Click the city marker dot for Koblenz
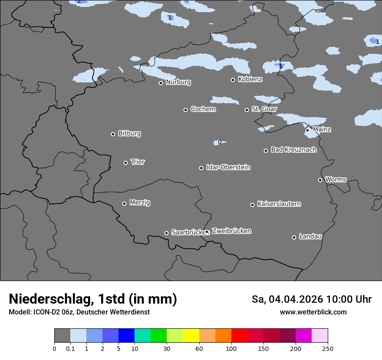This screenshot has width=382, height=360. (233, 80)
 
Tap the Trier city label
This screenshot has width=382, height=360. (138, 162)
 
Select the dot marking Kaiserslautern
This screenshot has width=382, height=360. (252, 205)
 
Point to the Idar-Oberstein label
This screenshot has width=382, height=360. (228, 167)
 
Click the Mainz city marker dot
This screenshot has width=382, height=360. (307, 130)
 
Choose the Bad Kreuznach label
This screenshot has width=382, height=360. (293, 150)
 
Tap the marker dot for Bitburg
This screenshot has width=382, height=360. (113, 134)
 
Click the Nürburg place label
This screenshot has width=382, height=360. (178, 82)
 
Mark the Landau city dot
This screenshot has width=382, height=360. (294, 237)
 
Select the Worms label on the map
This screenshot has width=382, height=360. (336, 179)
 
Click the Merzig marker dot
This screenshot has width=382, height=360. (124, 203)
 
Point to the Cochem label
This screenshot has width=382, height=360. (203, 109)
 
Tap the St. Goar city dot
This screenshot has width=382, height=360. (247, 110)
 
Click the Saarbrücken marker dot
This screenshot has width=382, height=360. (166, 233)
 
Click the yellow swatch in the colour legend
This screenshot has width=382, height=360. (191, 336)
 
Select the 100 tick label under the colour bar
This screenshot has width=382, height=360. (231, 348)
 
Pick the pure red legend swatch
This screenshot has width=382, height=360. (239, 336)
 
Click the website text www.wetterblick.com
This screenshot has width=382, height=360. (313, 312)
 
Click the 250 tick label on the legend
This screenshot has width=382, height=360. (328, 348)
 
